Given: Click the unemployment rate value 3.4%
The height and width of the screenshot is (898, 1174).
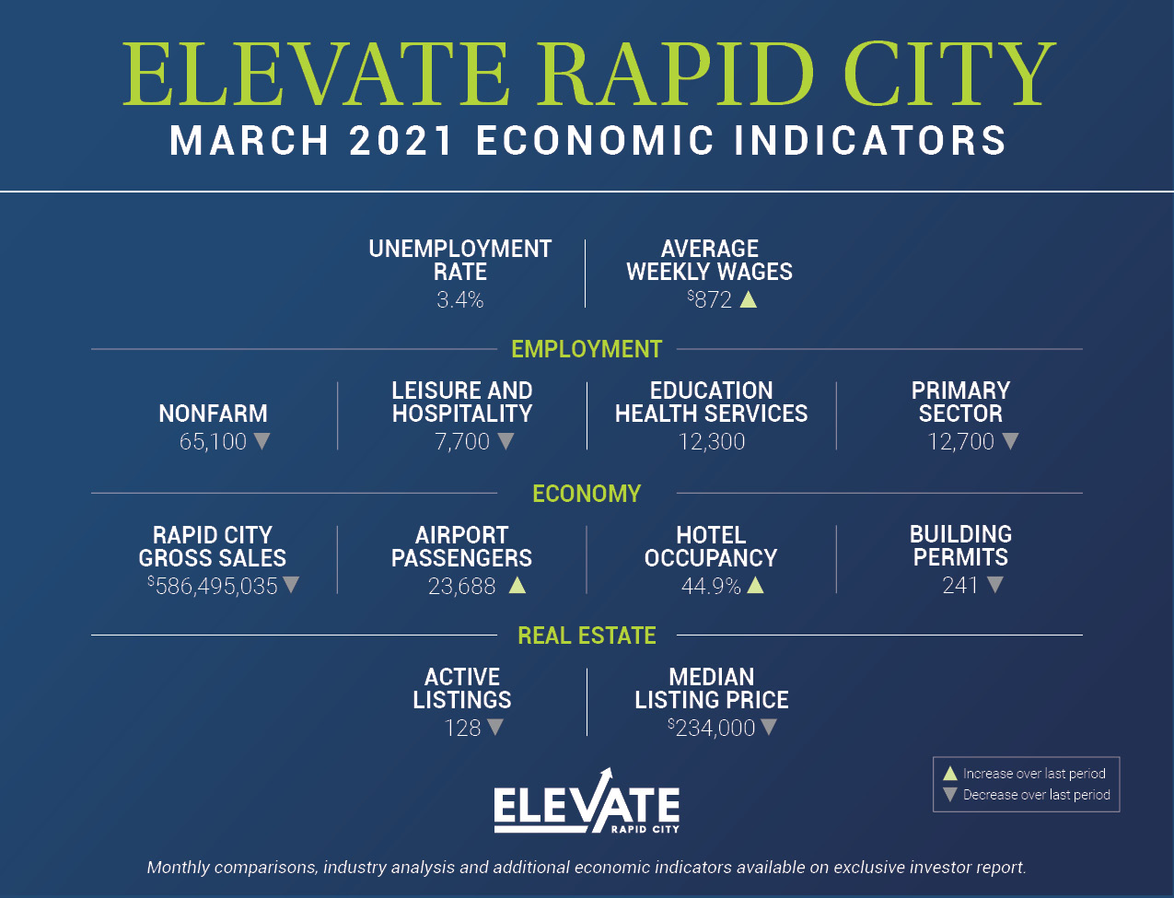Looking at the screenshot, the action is (x=460, y=299).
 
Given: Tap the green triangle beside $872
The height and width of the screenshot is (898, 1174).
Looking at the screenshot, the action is (x=749, y=300).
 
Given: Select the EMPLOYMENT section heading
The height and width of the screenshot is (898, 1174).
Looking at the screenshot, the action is (x=587, y=349).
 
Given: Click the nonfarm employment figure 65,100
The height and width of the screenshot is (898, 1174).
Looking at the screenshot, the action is (x=213, y=442).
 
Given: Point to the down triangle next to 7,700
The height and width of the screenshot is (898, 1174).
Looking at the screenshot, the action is (x=506, y=441).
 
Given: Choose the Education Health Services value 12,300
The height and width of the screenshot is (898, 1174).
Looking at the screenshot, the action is (x=712, y=442).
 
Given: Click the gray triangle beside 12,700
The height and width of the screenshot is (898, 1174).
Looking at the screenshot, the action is (x=1010, y=441).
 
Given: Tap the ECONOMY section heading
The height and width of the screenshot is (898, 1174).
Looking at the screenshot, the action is (x=587, y=494).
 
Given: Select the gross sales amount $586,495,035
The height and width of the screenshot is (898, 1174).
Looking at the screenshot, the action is (x=213, y=586).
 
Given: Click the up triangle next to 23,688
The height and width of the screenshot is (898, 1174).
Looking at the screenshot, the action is (x=517, y=586).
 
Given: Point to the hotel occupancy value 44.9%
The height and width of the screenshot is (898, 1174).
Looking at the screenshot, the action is (x=711, y=586).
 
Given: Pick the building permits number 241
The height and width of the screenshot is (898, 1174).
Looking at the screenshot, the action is (x=960, y=586).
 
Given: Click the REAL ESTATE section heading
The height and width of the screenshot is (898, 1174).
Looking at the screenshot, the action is (x=587, y=636).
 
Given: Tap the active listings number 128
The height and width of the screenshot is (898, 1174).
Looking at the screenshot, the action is (x=462, y=728).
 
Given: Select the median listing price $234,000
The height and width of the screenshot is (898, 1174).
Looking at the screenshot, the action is (x=712, y=728).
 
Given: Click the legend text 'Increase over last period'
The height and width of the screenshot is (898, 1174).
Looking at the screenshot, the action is (x=1034, y=774).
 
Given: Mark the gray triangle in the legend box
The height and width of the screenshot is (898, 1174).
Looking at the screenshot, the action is (x=950, y=795).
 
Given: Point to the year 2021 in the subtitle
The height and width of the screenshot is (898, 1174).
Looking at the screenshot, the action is (x=401, y=141).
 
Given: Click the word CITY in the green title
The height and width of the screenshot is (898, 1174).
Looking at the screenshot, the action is (x=948, y=74).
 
